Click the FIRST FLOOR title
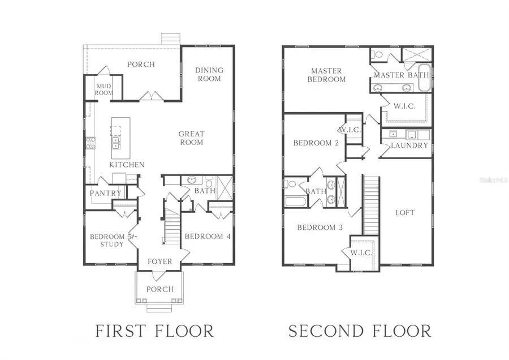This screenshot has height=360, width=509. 154,331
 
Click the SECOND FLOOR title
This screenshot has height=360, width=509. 360,331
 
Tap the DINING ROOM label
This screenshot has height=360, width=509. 209,74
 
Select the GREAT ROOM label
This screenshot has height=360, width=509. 191,138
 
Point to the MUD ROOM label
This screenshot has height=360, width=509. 103,89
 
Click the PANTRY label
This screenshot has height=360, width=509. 105,193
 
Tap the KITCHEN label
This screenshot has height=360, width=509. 127,165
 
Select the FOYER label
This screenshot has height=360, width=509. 160,262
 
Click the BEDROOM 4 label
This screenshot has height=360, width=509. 208,236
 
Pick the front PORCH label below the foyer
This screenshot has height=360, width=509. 159,289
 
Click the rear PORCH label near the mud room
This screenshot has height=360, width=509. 141,64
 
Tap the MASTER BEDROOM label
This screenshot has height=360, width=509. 326,75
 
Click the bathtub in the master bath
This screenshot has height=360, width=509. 425,78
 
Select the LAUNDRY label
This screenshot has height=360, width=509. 410,145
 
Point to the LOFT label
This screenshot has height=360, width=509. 405,212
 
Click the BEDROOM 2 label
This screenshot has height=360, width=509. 316,143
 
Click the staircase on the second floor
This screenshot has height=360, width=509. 370,204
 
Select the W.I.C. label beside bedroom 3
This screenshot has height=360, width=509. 361,252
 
